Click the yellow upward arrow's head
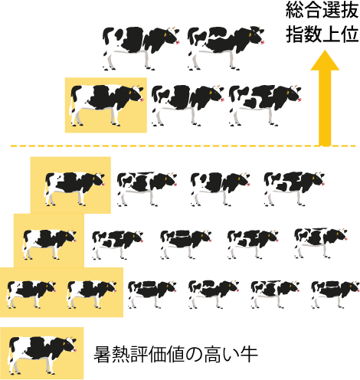[325, 61]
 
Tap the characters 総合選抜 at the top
[322, 11]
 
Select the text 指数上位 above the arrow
[322, 34]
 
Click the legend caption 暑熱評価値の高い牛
[175, 355]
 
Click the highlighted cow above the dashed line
[106, 105]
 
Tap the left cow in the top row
[141, 48]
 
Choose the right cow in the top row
[226, 47]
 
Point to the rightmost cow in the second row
[265, 105]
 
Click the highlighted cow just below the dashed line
[74, 188]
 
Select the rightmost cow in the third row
[294, 188]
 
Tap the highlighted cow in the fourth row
[49, 244]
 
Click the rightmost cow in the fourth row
[321, 243]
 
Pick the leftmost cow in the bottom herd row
[31, 294]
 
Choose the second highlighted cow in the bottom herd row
[92, 294]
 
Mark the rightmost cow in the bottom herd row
[335, 294]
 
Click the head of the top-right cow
[257, 35]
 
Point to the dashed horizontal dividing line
[183, 146]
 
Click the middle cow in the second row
[188, 105]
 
